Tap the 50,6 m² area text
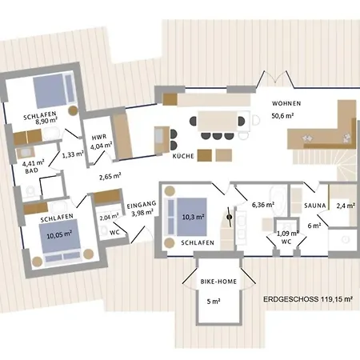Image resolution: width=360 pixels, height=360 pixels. pos(286,116)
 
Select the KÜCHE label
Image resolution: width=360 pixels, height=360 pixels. pos(184,157)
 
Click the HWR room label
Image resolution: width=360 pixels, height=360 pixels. pos(99,137)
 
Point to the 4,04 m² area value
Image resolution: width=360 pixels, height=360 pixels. pos(101,146)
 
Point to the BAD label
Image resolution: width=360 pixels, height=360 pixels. pos(30,171)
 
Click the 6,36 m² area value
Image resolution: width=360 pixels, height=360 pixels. pos(266,205)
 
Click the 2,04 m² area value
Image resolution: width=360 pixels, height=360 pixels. pos(109,216)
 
